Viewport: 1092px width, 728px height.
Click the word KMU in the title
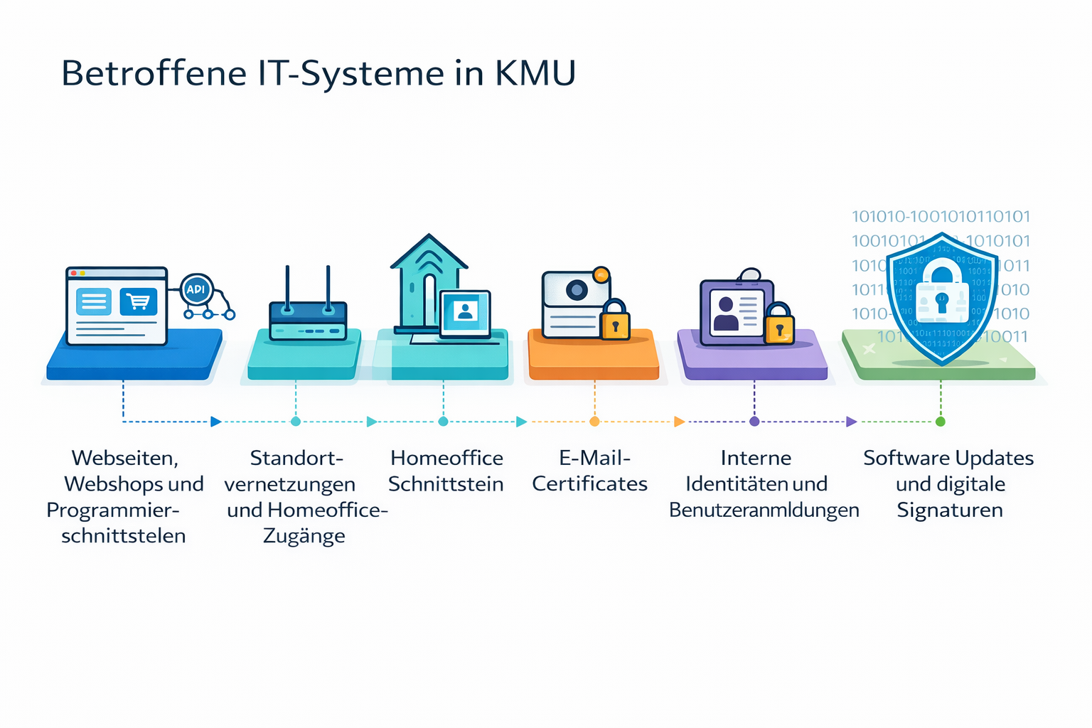(535, 73)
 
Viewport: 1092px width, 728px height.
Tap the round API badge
(196, 289)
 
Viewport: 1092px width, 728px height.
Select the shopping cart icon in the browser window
(139, 301)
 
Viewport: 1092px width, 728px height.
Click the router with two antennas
(308, 320)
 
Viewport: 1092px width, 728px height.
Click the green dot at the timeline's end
(941, 422)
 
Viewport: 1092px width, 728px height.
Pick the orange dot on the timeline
(594, 422)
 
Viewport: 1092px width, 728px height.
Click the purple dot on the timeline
(754, 422)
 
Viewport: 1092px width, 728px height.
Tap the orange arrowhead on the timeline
(679, 422)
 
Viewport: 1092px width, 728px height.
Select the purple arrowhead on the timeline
(851, 422)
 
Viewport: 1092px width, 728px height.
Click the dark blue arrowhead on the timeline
(215, 422)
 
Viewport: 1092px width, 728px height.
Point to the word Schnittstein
(446, 484)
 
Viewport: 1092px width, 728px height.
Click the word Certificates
(589, 484)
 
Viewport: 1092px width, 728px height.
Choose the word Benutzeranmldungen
(764, 510)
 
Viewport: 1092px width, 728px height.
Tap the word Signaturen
(949, 510)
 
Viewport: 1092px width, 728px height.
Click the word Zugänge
(304, 536)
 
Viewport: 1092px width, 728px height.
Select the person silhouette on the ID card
(726, 314)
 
